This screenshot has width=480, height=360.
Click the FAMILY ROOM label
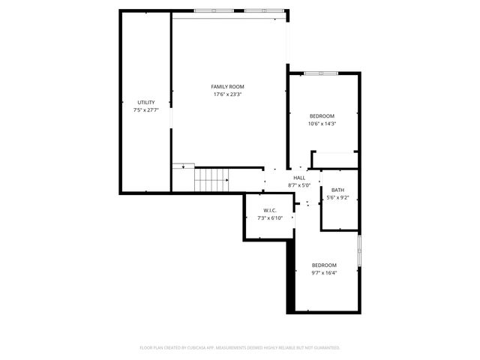(x=227, y=86)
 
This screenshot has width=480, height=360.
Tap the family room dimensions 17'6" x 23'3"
(x=227, y=94)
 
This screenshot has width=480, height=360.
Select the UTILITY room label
(x=146, y=102)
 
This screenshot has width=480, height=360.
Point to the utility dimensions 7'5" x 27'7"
(x=146, y=110)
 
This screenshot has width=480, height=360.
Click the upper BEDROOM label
(x=322, y=115)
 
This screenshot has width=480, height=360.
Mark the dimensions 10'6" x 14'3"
(x=322, y=124)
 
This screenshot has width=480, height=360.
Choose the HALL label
(x=299, y=178)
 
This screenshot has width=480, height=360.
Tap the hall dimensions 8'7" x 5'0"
(x=299, y=185)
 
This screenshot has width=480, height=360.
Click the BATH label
(x=337, y=190)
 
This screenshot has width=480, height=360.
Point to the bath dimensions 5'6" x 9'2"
(x=337, y=198)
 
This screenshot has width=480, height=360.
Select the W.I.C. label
(x=270, y=210)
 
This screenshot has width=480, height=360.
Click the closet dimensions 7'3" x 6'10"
(x=270, y=218)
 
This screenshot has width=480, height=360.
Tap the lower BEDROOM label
(x=324, y=265)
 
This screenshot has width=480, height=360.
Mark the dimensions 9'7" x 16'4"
(x=324, y=273)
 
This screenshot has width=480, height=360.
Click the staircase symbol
(x=211, y=180)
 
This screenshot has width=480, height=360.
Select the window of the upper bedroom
(x=324, y=73)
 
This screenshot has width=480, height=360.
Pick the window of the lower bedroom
(x=359, y=253)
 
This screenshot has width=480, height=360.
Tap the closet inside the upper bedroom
(x=334, y=160)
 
